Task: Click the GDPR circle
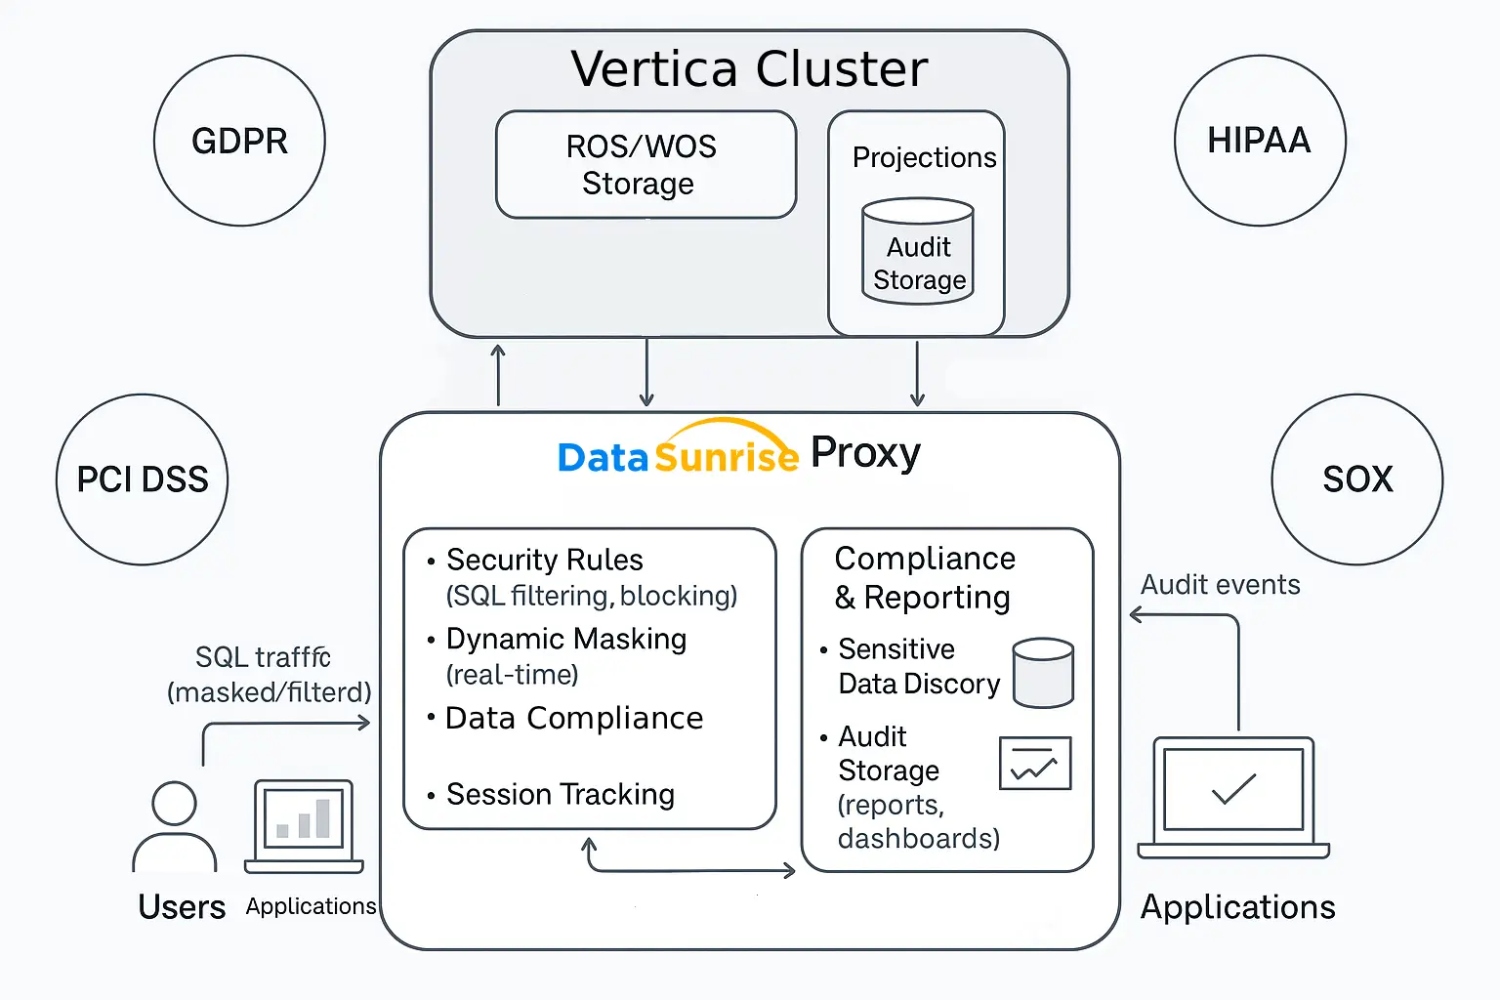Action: pos(239,141)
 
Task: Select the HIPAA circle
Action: pos(1260,141)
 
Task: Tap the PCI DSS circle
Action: pos(143,479)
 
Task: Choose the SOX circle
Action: pos(1357,479)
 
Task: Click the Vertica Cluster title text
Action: pos(749,69)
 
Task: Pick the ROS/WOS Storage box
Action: pos(646,164)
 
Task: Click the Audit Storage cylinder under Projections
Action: pos(918,252)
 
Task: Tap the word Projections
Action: pos(924,157)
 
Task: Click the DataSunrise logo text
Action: pos(678,455)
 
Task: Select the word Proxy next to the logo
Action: pos(865,453)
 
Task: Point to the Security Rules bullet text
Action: pos(544,560)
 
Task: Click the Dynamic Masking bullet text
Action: pos(565,639)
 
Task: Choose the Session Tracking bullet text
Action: pos(560,794)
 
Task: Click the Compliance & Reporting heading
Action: pos(924,577)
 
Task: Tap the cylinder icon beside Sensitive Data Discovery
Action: pos(1043,673)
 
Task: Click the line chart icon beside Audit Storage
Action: pos(1035,763)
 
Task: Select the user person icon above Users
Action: pos(175,826)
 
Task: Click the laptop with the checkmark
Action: pos(1233,796)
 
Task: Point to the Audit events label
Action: pos(1220,584)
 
